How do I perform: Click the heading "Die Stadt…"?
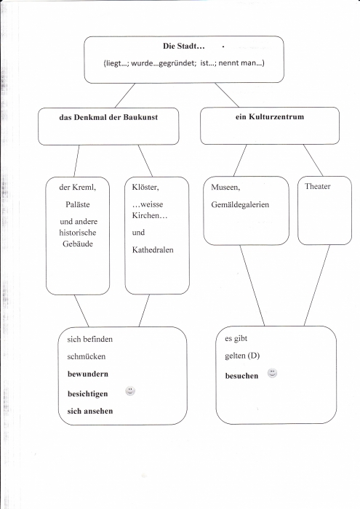pos(184,46)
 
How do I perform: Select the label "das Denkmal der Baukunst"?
pos(108,117)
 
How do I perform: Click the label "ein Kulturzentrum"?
pos(270,116)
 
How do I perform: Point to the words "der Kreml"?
pos(77,188)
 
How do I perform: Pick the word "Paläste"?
pos(78,204)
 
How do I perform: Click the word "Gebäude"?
pos(78,244)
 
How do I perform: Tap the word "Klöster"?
pos(145,188)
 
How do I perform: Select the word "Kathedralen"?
pos(153,250)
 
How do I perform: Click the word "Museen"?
pos(225,188)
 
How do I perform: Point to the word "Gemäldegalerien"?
pos(240,205)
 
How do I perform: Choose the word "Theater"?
pos(318,186)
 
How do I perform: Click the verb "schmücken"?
pos(87,357)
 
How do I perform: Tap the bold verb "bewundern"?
pos(88,374)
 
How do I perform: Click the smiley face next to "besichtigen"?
pos(130,391)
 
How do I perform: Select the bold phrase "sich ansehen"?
pos(90,411)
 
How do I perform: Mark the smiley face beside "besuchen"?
pos(272,373)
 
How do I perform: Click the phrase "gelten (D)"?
pos(242,356)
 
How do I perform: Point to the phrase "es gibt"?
pos(236,339)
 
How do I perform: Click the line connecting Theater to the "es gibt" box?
pos(317,285)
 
